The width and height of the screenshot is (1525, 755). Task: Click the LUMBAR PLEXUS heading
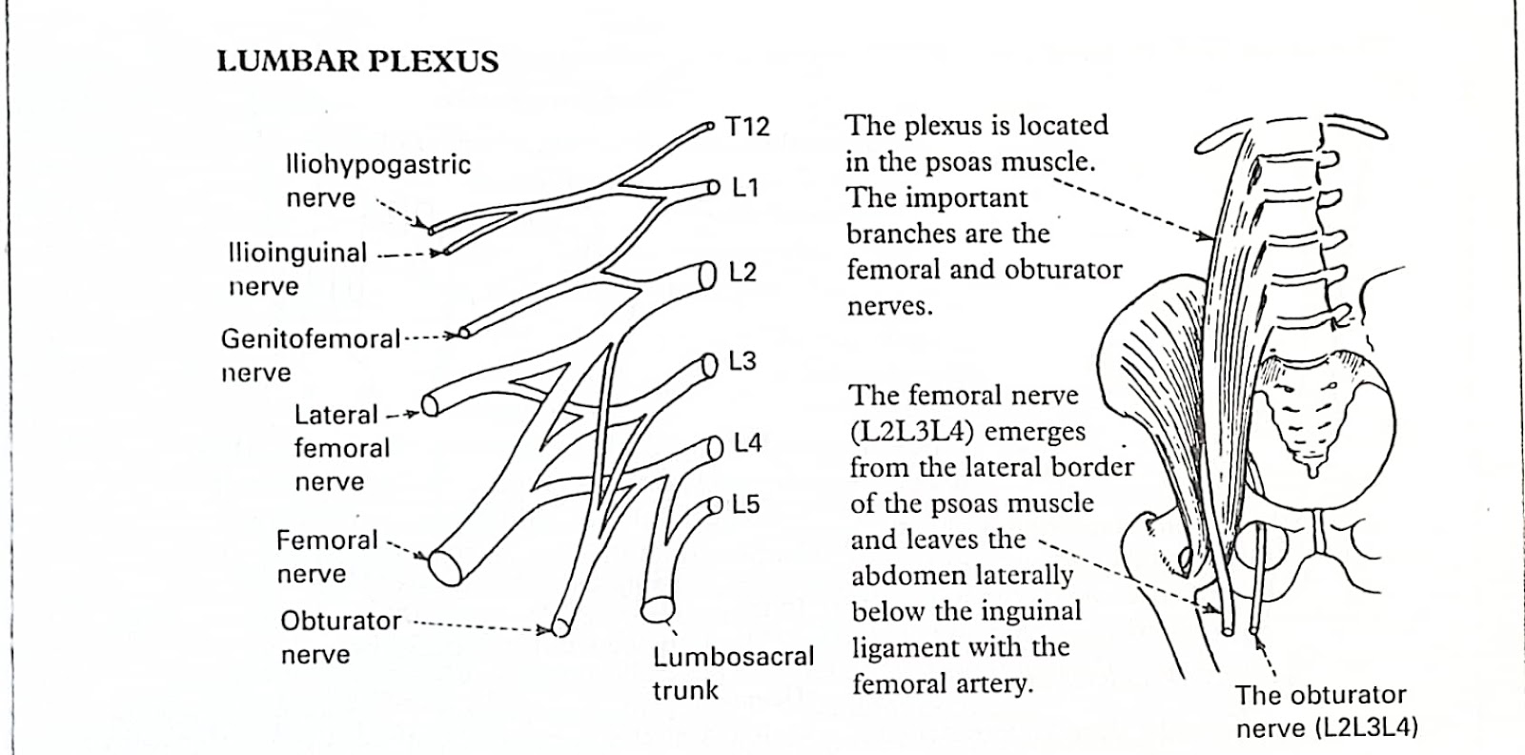pos(357,62)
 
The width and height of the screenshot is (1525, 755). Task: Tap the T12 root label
pos(747,127)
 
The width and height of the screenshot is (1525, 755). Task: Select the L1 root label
pos(744,188)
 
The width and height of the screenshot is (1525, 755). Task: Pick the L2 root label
pos(742,273)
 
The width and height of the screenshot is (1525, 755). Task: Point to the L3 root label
pos(742,361)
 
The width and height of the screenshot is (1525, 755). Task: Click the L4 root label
pos(747,444)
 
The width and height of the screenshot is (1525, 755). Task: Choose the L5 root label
pos(745,504)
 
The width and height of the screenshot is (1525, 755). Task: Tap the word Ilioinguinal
pos(297,254)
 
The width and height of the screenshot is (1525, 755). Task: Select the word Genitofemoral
pos(311,338)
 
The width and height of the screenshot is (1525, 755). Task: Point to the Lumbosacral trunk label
pos(733,673)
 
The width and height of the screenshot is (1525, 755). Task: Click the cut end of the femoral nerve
pos(445,566)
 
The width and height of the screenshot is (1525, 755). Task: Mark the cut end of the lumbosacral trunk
pos(658,608)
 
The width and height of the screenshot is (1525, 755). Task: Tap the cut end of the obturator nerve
pos(560,626)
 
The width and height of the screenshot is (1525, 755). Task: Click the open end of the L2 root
pos(707,275)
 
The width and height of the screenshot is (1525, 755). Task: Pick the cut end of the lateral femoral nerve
pos(430,405)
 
